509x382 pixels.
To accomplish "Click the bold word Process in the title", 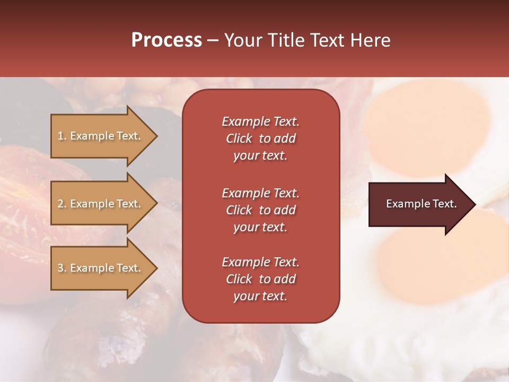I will click(x=166, y=40).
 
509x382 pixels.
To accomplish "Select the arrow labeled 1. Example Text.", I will click(x=101, y=136).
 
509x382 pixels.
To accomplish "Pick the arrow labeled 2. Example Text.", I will click(x=101, y=204).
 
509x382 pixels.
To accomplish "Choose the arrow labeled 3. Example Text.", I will click(x=101, y=268).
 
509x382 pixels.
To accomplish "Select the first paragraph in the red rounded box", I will click(x=260, y=138).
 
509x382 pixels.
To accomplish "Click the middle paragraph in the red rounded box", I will click(x=260, y=210).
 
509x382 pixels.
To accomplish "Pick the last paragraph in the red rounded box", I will click(x=260, y=279).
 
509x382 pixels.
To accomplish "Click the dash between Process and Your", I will click(x=213, y=40).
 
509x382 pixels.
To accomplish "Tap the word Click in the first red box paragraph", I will click(x=239, y=138).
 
